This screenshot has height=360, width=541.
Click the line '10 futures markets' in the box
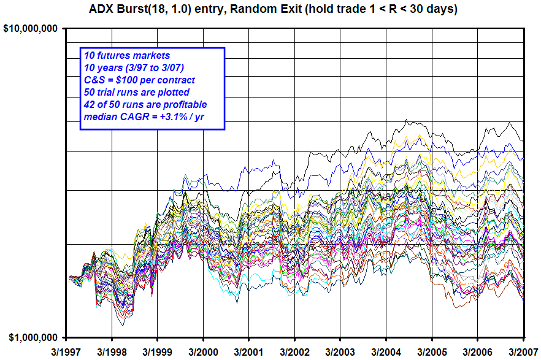123,56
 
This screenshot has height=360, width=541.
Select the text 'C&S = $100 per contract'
139,80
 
